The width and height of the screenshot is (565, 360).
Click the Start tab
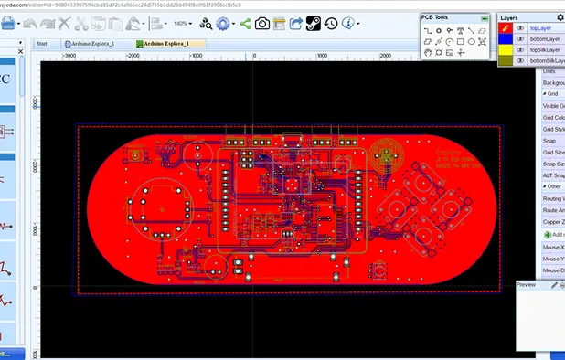click(x=42, y=43)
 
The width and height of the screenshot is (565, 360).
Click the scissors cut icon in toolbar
click(x=81, y=23)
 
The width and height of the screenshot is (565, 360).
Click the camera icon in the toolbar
click(x=262, y=23)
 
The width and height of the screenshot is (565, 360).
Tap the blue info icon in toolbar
click(x=351, y=23)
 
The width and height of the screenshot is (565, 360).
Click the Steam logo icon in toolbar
click(x=312, y=23)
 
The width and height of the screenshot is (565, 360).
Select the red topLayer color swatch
click(x=505, y=28)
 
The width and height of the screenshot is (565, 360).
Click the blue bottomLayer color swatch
click(x=505, y=39)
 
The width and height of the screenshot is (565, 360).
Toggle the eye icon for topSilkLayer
click(x=520, y=50)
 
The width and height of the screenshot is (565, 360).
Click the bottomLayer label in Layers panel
click(x=545, y=39)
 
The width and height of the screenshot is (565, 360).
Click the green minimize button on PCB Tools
click(x=484, y=17)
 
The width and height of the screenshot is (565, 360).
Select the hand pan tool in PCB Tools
click(x=427, y=53)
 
